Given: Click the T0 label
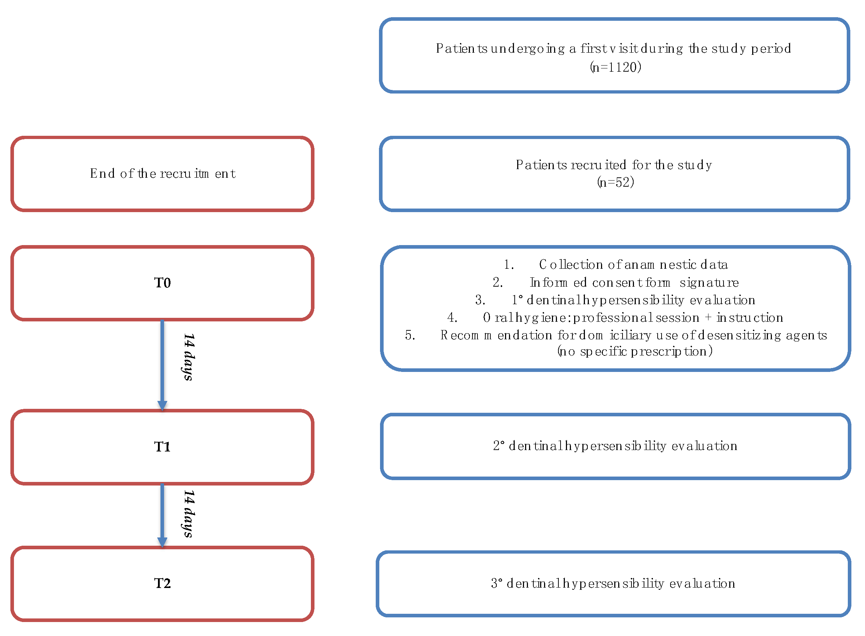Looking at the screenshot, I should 162,283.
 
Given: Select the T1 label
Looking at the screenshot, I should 162,446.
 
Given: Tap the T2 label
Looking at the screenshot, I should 162,583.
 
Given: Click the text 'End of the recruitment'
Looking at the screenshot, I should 163,174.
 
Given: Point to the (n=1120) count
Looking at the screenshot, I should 615,67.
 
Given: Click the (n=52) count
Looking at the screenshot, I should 615,182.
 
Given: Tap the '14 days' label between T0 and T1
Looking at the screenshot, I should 188,357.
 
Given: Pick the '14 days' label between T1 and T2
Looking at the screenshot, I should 188,513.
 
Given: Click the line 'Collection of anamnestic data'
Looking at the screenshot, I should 633,265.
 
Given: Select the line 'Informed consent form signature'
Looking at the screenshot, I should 634,283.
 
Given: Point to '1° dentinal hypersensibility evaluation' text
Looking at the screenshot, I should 633,300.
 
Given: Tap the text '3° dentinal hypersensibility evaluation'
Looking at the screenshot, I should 613,584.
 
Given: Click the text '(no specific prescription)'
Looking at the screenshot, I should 635,351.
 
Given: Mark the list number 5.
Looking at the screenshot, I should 410,335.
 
